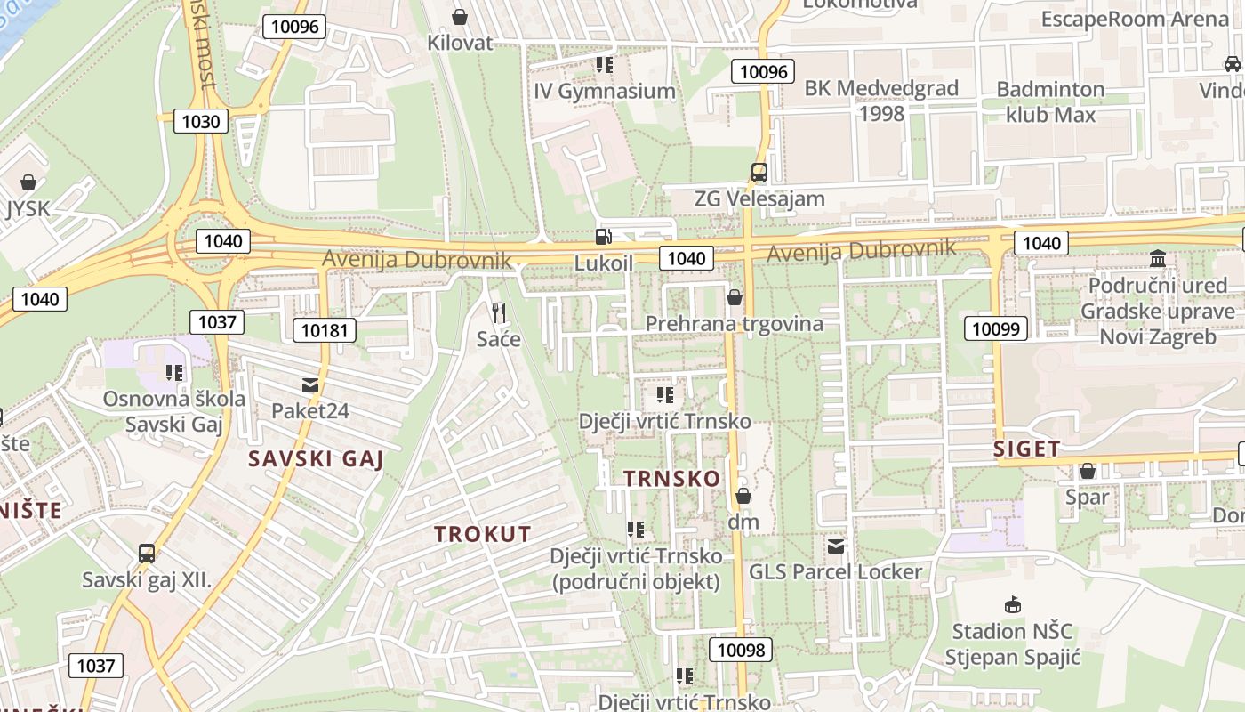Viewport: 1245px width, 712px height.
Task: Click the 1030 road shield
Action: pos(200,121)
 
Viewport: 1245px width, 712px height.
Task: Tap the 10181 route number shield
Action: pos(325,331)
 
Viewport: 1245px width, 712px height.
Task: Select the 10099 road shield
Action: pos(996,328)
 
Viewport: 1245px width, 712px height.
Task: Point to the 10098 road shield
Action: pos(741,650)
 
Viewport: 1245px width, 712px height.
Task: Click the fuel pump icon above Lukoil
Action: pos(604,237)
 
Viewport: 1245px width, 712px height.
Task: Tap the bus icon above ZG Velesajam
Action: pos(759,173)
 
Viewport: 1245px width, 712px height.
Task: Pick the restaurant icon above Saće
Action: pos(498,312)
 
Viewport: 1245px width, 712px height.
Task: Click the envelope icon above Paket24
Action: pos(310,385)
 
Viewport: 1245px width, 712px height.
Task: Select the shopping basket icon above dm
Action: pos(743,496)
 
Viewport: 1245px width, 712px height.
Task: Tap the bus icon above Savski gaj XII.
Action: pos(147,554)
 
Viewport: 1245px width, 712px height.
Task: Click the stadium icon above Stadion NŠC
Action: pos(1012,605)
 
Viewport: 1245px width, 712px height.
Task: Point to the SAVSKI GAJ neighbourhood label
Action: pos(317,459)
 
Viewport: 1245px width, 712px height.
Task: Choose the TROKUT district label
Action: pos(483,535)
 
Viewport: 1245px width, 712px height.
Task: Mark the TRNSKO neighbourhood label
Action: pos(672,479)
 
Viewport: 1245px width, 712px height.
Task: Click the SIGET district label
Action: pos(1027,449)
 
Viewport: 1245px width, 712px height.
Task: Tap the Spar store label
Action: pos(1087,497)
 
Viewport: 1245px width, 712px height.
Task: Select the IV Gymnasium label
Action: pos(605,91)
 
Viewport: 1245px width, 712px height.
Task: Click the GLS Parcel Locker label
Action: pos(836,571)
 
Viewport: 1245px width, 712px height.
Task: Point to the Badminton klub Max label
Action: pos(1050,101)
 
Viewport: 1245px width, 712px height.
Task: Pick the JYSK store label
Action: pos(28,209)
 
